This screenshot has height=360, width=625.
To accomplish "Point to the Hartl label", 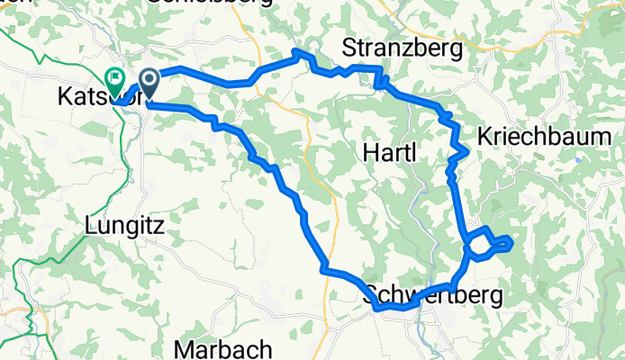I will pos(389,153).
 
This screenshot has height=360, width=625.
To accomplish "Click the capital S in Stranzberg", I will pos(349,48).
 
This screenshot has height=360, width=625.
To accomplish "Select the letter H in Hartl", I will pos(368,153).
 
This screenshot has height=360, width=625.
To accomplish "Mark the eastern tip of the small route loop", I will pos(512,240).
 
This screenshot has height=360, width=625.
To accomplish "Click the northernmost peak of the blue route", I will pos(299,53).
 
